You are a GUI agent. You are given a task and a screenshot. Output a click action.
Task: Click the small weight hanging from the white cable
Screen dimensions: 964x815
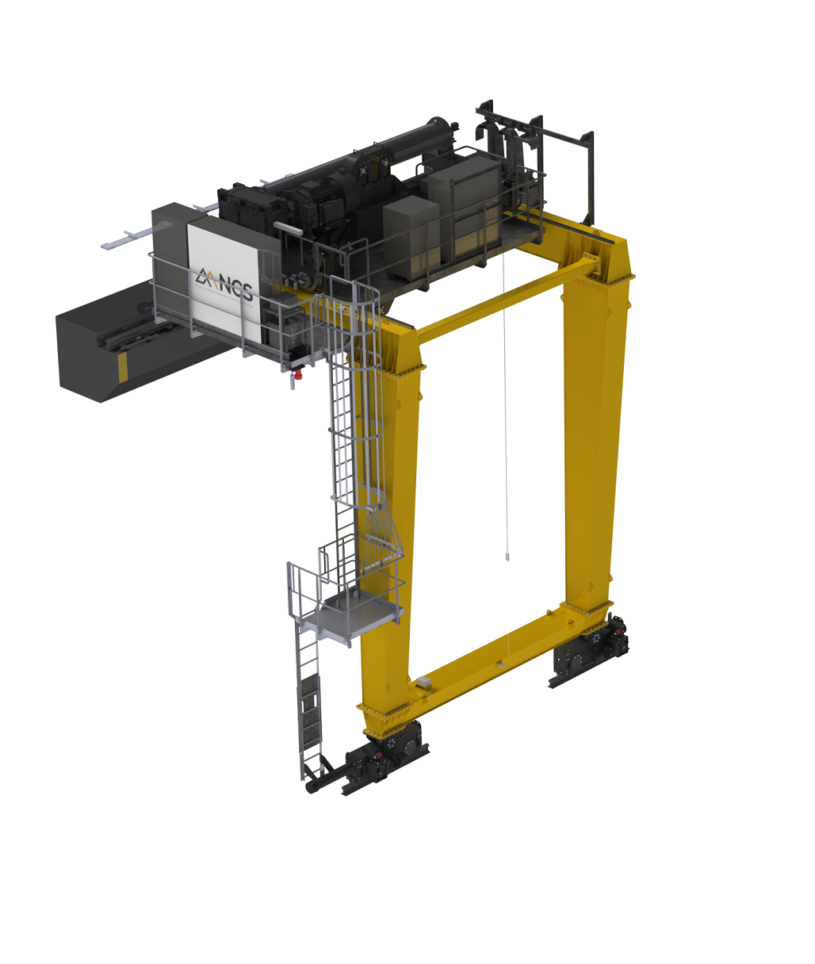[507, 557]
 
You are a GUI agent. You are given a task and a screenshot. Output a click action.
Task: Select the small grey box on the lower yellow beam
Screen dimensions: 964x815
[423, 680]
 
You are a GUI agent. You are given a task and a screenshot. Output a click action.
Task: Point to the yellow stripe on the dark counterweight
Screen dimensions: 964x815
[121, 368]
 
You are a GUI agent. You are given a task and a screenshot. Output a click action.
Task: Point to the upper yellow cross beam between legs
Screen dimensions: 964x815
[499, 297]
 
